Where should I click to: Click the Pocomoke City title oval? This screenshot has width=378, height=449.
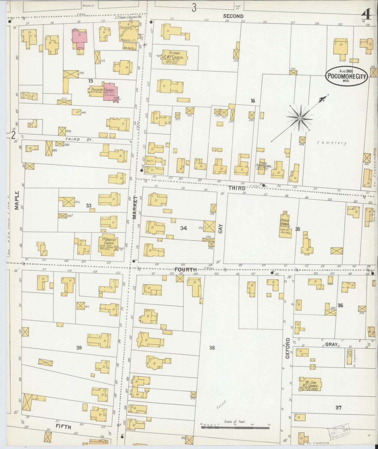click(347, 76)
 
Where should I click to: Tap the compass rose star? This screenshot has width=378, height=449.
click(300, 119)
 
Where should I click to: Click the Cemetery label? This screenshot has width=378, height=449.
click(332, 143)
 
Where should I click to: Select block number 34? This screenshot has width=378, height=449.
click(183, 228)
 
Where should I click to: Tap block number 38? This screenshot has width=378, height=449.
click(212, 348)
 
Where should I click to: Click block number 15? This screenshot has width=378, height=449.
click(91, 81)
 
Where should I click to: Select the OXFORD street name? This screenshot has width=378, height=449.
click(287, 348)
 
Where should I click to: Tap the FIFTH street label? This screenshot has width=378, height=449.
click(64, 427)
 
